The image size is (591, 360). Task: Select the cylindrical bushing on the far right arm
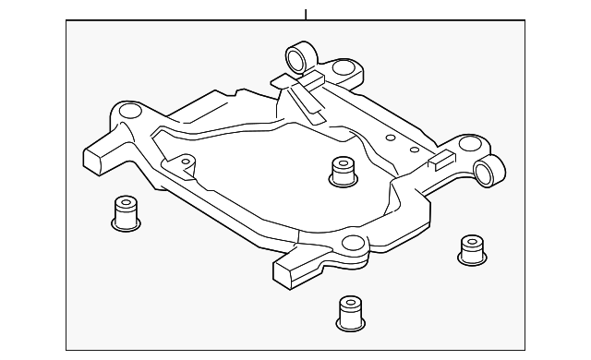pyautogui.click(x=490, y=170)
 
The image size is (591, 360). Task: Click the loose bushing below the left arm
pyautogui.click(x=125, y=214)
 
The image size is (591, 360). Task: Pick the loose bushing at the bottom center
pyautogui.click(x=348, y=315)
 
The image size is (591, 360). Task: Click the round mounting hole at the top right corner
pyautogui.click(x=343, y=68)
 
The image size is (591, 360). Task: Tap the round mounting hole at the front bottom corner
pyautogui.click(x=351, y=244)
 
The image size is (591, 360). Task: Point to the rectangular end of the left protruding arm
pyautogui.click(x=95, y=158)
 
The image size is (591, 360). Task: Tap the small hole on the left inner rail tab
pyautogui.click(x=185, y=162)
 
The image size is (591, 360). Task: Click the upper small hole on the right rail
pyautogui.click(x=390, y=136)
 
